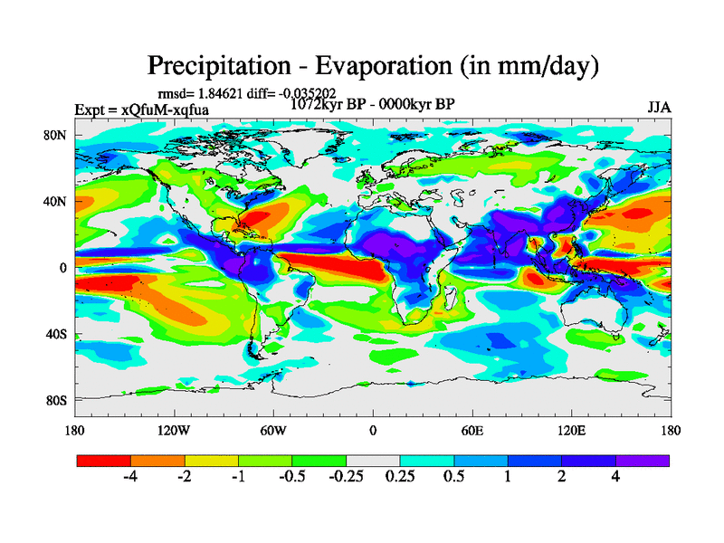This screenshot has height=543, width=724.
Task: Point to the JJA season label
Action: [659, 107]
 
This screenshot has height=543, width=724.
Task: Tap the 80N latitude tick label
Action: [56, 136]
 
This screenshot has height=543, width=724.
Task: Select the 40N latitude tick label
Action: [56, 202]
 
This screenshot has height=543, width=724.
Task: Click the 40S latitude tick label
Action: [56, 334]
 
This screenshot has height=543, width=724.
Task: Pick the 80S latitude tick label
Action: [56, 400]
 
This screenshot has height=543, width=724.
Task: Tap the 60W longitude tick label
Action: [273, 430]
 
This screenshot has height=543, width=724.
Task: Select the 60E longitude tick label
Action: [472, 430]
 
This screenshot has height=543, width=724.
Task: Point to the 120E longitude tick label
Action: [571, 430]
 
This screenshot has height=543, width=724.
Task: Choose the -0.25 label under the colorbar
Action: [345, 477]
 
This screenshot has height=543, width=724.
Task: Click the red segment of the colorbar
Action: [104, 460]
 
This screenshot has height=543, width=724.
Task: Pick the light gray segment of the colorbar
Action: [373, 460]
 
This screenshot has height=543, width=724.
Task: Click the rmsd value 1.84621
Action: [216, 93]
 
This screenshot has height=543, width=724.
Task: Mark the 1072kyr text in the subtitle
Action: [314, 103]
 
